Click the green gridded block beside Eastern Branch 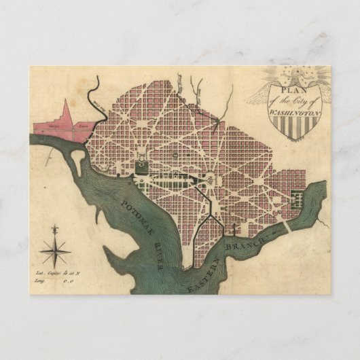[x=298, y=198]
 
